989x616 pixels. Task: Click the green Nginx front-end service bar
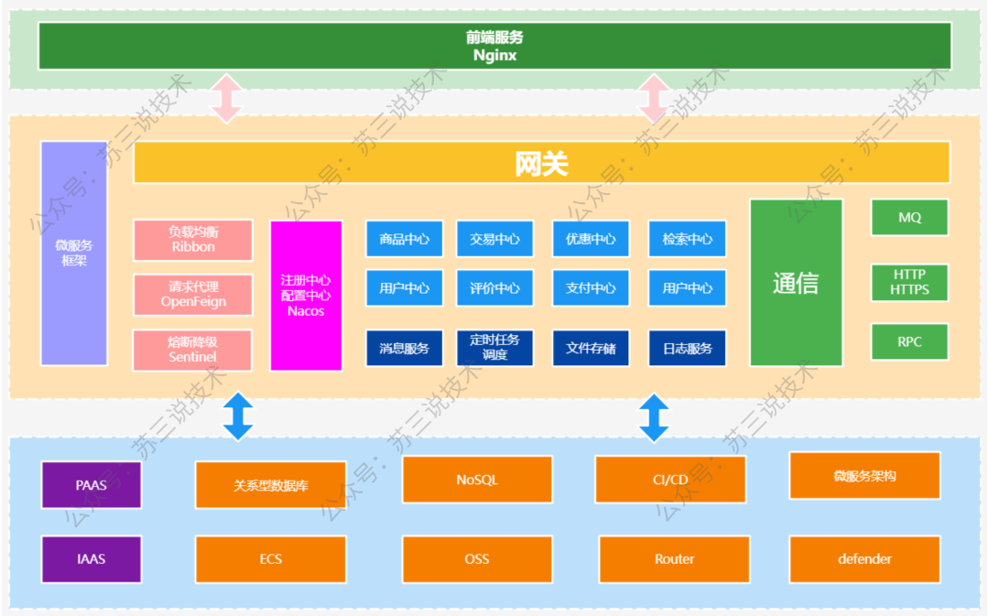coord(495,46)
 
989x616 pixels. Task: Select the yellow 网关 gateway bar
coord(541,163)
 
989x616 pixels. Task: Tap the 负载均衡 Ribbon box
coord(193,240)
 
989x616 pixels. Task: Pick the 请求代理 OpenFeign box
coord(193,295)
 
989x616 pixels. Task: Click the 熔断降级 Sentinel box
coord(192,350)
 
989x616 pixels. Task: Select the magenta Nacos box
coord(306,295)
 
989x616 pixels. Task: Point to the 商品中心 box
coord(405,239)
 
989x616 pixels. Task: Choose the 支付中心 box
coord(591,288)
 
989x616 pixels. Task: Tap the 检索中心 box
coord(687,239)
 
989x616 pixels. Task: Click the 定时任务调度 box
coord(494,348)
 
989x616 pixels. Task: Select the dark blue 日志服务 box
coord(687,348)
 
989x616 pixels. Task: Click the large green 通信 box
coord(796,283)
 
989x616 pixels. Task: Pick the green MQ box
coord(909,218)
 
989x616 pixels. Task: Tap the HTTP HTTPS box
coord(909,283)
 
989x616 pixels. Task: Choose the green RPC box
coord(909,341)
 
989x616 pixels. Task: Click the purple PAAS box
coord(92,485)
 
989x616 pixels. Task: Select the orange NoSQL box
coord(477,480)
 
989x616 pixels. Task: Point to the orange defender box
coord(864,559)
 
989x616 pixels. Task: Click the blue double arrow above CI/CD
coord(654,418)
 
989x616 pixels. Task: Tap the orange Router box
coord(674,559)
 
